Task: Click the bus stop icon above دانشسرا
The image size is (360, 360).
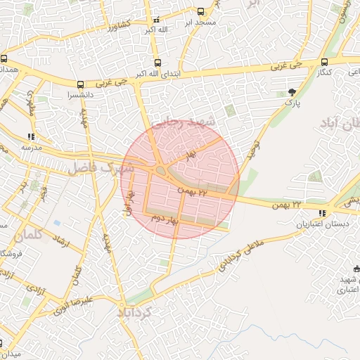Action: (x=80, y=84)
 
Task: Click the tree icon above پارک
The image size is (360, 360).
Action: (x=292, y=92)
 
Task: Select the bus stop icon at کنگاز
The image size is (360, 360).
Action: (x=324, y=62)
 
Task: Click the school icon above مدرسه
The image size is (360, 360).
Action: (x=30, y=136)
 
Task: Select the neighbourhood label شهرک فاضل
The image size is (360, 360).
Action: (x=101, y=168)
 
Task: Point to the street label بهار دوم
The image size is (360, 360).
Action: (x=165, y=219)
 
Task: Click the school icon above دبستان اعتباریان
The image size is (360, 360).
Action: (x=322, y=213)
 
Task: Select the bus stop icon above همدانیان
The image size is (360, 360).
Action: (x=4, y=59)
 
